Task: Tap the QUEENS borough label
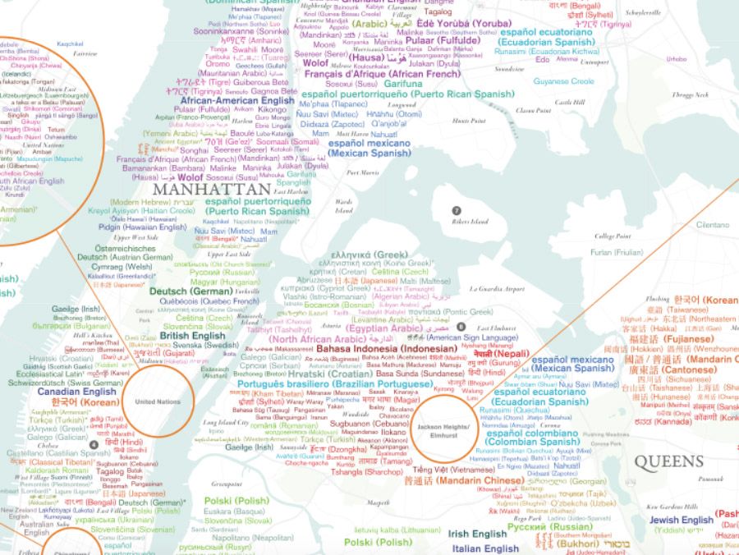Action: pyautogui.click(x=668, y=461)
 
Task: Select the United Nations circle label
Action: pyautogui.click(x=156, y=401)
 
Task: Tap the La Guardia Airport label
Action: pyautogui.click(x=497, y=289)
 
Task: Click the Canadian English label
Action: pyautogui.click(x=76, y=392)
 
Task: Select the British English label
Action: pyautogui.click(x=192, y=336)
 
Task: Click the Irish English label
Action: pyautogui.click(x=477, y=534)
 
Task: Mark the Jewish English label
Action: pyautogui.click(x=682, y=520)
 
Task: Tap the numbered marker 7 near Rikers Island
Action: pyautogui.click(x=456, y=211)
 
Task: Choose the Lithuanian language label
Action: pyautogui.click(x=397, y=530)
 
